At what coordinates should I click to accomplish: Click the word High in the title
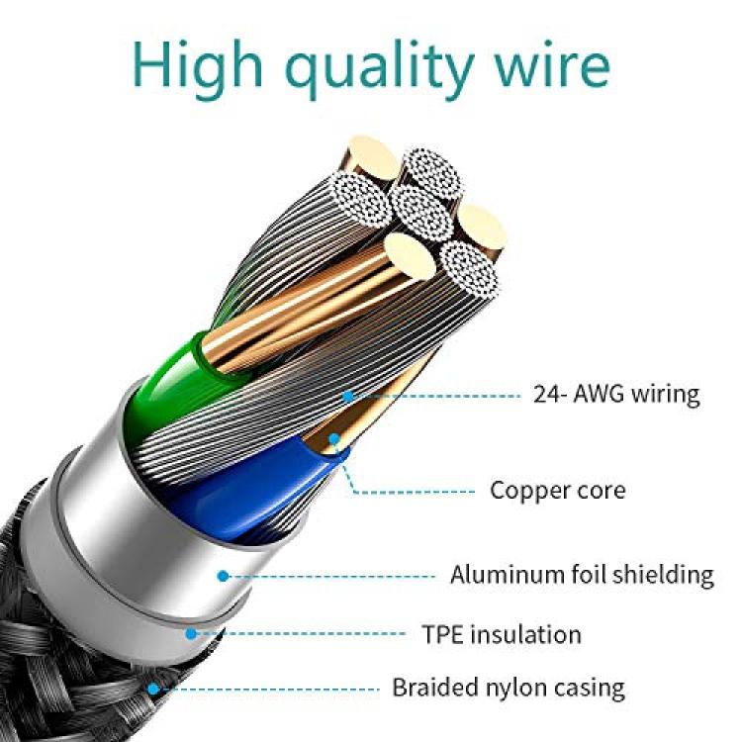(198, 65)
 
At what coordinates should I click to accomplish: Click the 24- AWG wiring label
(616, 394)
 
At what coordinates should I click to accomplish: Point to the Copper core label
(557, 491)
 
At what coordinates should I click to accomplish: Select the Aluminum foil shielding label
(582, 575)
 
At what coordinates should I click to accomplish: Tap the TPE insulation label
(502, 634)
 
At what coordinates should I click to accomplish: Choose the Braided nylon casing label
(509, 688)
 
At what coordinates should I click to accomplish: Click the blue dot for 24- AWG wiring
(348, 396)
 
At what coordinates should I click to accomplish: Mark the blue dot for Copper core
(334, 438)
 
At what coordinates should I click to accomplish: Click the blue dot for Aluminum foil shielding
(224, 576)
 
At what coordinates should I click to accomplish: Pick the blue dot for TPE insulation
(191, 633)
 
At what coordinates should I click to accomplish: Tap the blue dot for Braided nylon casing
(152, 689)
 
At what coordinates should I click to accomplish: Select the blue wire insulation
(246, 492)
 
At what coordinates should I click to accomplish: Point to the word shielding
(663, 575)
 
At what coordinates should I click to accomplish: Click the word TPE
(442, 634)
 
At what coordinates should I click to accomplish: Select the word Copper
(526, 491)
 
